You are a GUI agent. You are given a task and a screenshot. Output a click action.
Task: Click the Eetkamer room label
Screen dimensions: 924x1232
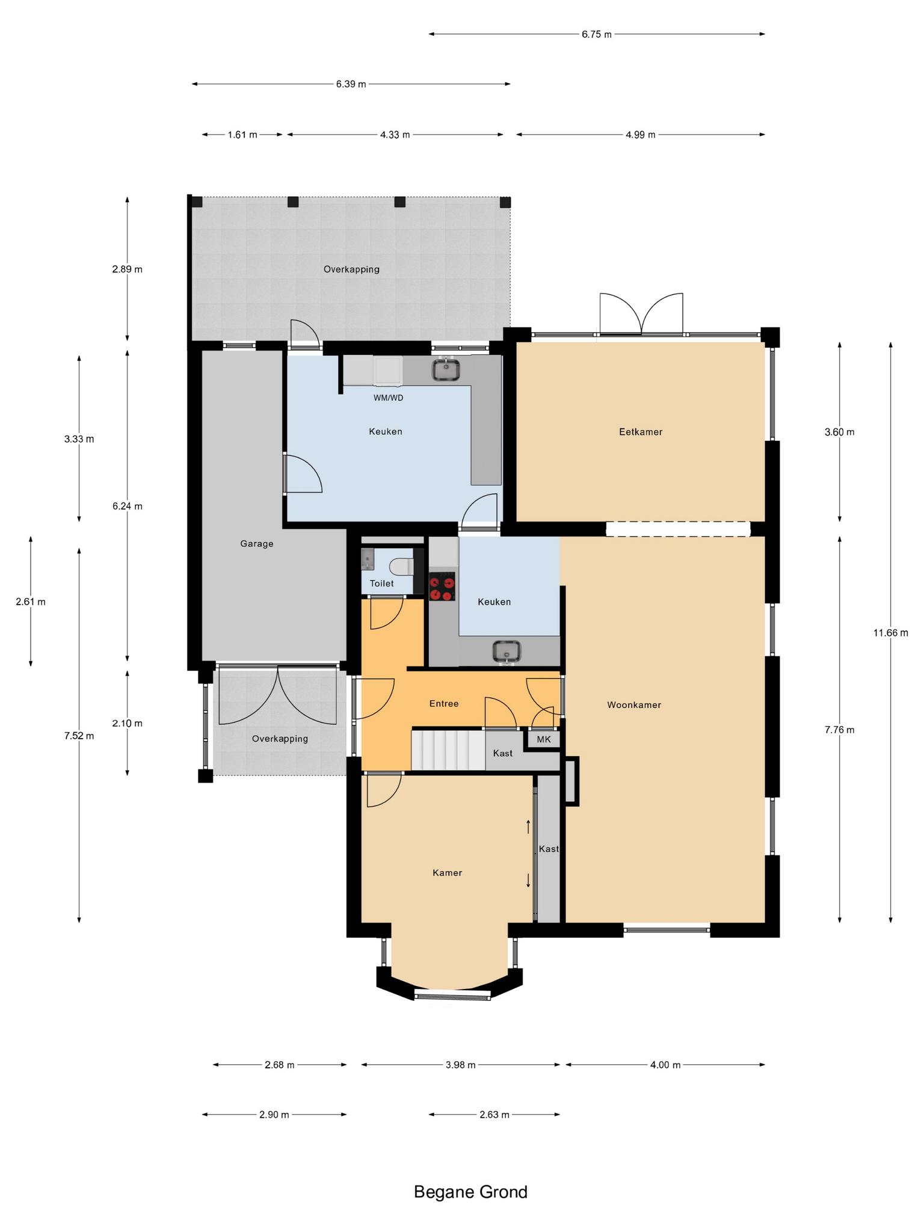click(x=641, y=432)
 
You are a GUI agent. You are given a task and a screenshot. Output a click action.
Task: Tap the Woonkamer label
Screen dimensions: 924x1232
click(x=634, y=705)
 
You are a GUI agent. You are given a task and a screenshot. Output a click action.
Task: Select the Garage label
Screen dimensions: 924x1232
click(x=257, y=544)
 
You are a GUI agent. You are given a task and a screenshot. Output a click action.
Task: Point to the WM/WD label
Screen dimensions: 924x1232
click(x=389, y=398)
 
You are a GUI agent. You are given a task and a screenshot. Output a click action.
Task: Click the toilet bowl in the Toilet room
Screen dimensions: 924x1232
click(x=401, y=566)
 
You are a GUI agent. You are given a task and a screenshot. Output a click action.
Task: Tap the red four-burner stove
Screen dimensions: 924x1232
click(x=442, y=587)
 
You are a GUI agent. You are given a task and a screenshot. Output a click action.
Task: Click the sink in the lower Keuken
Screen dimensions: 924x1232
click(x=507, y=652)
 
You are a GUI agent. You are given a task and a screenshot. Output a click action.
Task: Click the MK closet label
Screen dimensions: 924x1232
click(x=544, y=740)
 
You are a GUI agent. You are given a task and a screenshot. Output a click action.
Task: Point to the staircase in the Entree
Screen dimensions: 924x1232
click(x=448, y=750)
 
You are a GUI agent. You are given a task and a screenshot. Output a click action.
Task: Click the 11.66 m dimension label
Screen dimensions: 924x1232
click(x=891, y=633)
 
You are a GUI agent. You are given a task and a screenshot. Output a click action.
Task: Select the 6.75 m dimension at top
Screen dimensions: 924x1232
click(x=597, y=34)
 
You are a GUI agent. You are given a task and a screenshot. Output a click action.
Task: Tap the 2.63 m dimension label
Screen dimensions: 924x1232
click(x=494, y=1115)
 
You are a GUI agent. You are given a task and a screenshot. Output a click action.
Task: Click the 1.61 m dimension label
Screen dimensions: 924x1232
click(x=242, y=135)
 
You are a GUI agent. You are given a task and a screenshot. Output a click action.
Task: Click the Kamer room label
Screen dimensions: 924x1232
click(x=448, y=873)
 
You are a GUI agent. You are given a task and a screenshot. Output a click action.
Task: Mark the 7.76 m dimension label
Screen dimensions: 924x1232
click(x=840, y=730)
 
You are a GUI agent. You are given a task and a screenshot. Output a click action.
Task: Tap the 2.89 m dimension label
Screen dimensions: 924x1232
click(x=127, y=269)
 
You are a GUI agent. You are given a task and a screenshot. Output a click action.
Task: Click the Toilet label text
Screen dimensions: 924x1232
click(x=382, y=584)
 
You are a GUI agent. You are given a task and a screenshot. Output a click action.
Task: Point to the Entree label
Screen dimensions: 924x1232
click(x=444, y=704)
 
